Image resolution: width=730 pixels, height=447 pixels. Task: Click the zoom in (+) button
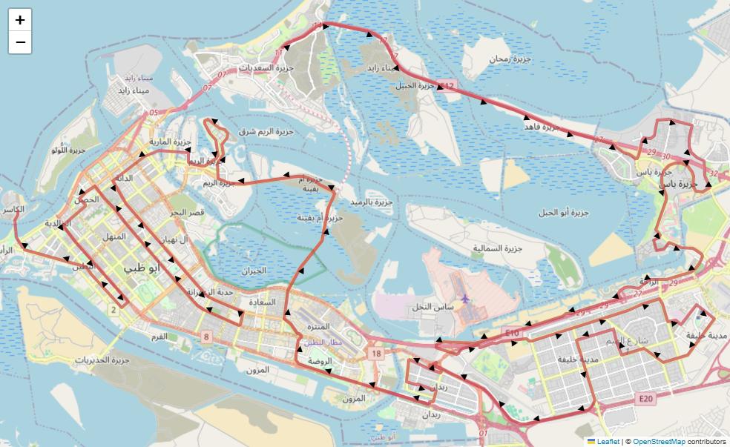pos(20,20)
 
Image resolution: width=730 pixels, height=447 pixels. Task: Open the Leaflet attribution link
pos(608,441)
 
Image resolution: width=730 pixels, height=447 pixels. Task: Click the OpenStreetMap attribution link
pos(659,441)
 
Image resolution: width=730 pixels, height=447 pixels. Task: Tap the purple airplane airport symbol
pos(465,299)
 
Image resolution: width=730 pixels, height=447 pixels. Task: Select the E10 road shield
pos(511,334)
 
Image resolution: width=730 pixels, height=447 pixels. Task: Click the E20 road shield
pos(647,399)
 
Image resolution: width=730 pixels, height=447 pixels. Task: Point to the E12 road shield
pos(446,87)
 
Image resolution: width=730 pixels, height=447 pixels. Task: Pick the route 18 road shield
pos(377,354)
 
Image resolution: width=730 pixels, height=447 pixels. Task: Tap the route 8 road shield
pos(206,337)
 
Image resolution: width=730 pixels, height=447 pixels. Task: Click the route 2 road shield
pos(114,310)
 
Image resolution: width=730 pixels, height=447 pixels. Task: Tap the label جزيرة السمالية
pos(498,248)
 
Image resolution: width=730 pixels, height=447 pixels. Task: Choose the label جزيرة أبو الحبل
pos(563,213)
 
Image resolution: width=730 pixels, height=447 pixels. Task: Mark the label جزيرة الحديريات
pos(101,361)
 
